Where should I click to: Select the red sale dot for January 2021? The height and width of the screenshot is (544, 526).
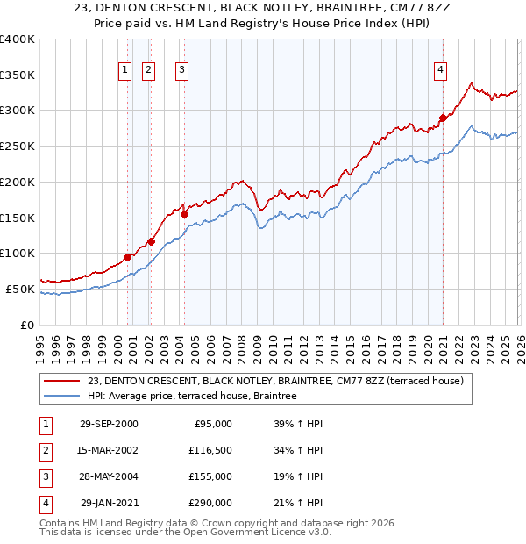[444, 117]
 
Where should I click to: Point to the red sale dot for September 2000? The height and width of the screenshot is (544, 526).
[128, 257]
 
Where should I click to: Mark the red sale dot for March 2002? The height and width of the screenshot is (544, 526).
[151, 241]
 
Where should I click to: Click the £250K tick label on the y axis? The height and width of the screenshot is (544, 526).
[17, 147]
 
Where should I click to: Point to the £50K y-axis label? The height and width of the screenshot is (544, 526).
[19, 289]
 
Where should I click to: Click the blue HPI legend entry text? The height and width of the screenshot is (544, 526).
[192, 397]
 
